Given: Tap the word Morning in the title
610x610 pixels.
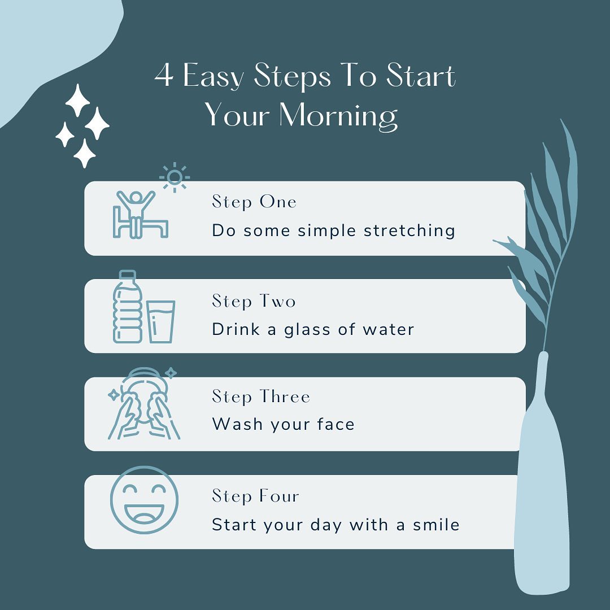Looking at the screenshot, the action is point(338,116).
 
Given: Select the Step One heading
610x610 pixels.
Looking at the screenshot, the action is point(254,202).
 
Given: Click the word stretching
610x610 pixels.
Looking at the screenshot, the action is point(409,230).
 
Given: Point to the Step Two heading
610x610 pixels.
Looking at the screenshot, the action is point(254,301).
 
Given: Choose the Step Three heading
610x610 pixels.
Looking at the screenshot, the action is point(260,397).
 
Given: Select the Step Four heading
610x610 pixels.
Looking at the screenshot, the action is point(255,496).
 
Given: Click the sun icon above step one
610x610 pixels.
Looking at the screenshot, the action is point(175,177).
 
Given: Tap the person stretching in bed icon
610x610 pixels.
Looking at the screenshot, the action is point(140,215).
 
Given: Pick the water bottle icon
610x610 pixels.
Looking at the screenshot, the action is point(127,307).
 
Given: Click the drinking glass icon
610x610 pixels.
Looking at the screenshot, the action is point(160,322).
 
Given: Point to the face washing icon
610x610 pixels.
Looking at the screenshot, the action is point(143,403).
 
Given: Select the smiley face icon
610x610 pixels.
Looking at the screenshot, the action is point(144,500).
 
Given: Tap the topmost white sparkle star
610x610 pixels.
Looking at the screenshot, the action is point(78,100).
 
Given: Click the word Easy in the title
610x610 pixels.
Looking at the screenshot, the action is point(213,76).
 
